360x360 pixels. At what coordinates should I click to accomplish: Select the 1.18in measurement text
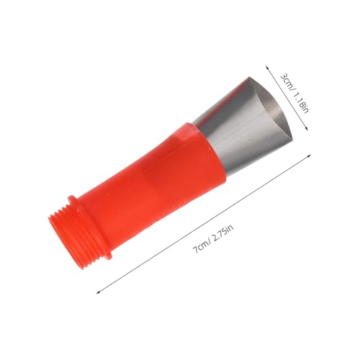tap(301, 102)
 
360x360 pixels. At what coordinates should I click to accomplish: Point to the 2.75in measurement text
tap(223, 234)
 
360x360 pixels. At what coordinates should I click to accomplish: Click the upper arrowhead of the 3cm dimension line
tap(267, 67)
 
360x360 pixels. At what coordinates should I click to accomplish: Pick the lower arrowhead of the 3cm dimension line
tap(306, 128)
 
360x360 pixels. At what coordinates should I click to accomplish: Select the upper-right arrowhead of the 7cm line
tap(309, 156)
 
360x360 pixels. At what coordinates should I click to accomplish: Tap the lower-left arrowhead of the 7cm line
tap(98, 292)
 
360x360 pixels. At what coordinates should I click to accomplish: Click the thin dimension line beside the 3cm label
tap(287, 97)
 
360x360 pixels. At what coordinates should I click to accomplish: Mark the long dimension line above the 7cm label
tap(203, 224)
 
